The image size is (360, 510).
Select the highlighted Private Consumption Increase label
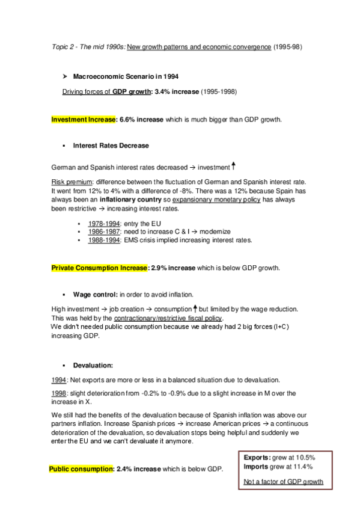[x=99, y=267]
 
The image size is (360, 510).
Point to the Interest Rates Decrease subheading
[x=111, y=146]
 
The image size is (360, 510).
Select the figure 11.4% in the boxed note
[x=307, y=466]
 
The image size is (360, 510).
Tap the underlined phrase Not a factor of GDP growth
[x=284, y=481]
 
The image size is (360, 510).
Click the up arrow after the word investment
[x=233, y=165]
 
